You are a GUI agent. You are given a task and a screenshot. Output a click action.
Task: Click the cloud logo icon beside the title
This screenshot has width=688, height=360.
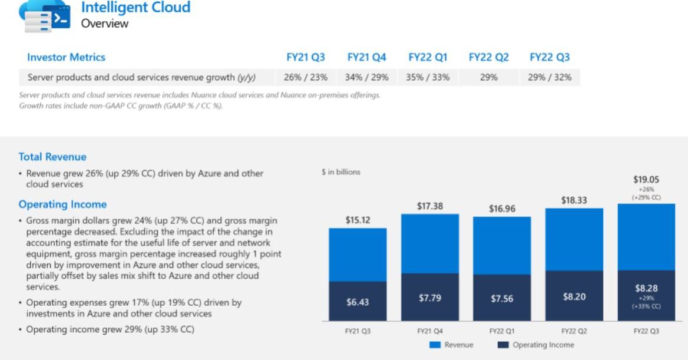pos(45,16)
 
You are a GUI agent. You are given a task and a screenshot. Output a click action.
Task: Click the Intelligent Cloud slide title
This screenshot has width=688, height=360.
pos(135,8)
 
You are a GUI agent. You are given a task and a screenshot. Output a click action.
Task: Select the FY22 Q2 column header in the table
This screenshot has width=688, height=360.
pos(488,57)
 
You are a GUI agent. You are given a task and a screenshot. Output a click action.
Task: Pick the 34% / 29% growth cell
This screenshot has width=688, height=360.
pos(366,77)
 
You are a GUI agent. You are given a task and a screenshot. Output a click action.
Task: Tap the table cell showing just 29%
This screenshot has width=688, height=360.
pos(488,77)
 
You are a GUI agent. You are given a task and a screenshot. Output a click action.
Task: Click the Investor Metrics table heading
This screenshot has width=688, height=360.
pos(66,57)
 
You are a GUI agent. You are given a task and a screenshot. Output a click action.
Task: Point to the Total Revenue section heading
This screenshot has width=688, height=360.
pos(52,157)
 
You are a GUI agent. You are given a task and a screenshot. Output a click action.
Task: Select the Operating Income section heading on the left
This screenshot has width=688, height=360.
pos(62,204)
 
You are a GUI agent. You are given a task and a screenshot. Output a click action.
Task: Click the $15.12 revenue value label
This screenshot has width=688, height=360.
pos(358,220)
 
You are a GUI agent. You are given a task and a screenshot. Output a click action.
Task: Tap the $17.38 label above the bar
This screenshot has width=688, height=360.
pos(430,206)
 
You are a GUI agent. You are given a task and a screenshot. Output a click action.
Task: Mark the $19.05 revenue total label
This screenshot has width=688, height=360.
pos(646,179)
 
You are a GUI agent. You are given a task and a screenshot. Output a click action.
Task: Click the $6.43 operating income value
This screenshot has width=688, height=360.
pos(358,302)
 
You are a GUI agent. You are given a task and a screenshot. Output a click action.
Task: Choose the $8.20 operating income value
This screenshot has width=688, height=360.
pos(574,297)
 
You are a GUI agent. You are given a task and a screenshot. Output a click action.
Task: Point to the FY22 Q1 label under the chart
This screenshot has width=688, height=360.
pos(502,331)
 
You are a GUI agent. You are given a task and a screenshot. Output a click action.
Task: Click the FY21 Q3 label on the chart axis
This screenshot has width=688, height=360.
pos(358,331)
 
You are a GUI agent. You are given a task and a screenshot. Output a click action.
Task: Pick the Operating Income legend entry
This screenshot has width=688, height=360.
pos(535,345)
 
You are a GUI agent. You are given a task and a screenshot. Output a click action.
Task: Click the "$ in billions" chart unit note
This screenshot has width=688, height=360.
pos(341,172)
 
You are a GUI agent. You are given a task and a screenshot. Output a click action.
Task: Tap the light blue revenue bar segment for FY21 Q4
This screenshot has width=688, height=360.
pos(430,243)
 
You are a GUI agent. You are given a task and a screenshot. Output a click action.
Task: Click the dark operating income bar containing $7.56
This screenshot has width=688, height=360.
pos(502,298)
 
